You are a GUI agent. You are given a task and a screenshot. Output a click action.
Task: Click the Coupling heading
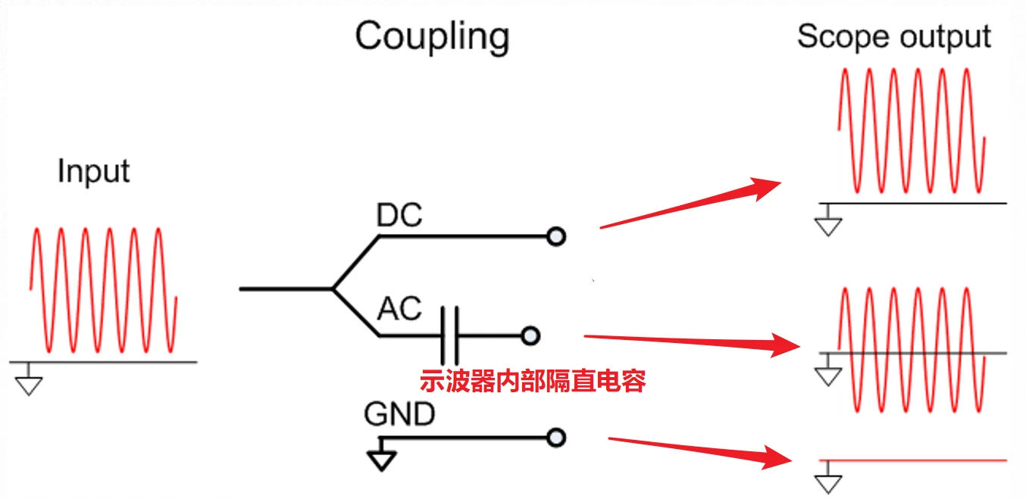pos(432,36)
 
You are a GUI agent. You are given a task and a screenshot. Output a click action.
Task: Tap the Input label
pos(93,171)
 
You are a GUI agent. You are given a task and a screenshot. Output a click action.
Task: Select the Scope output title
pos(894,36)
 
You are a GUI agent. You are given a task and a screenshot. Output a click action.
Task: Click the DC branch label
pos(399,217)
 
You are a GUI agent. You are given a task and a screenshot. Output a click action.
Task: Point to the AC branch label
pos(399,308)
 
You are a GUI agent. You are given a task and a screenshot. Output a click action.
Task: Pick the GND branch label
pos(399,414)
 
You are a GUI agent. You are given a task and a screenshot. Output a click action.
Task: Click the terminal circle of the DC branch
pos(556,237)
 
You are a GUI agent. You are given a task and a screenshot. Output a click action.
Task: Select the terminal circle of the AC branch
pos(530,335)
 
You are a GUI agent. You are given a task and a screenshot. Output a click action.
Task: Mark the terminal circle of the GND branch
pos(556,437)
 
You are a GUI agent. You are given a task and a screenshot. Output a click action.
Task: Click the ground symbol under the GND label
pos(382,457)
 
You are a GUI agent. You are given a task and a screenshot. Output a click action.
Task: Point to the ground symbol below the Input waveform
pos(29,382)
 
